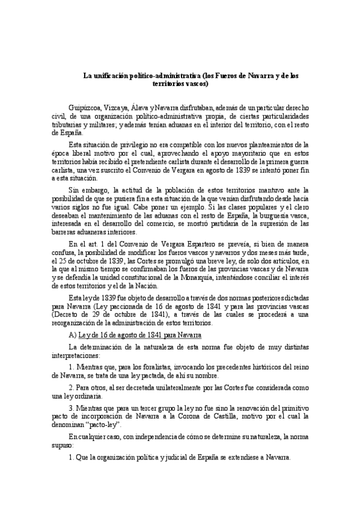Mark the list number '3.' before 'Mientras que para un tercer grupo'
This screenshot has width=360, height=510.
pyautogui.click(x=72, y=407)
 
